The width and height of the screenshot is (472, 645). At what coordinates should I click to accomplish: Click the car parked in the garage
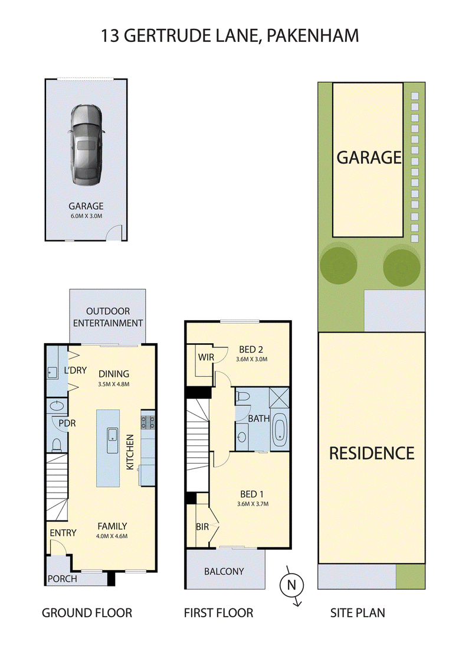(86, 146)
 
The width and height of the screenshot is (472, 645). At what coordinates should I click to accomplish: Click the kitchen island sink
(112, 441)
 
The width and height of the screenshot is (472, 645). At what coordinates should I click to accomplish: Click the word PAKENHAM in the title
(313, 36)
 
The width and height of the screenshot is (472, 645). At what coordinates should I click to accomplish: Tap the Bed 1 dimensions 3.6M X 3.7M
(253, 504)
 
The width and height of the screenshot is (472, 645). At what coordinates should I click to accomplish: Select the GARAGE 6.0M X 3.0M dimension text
(86, 216)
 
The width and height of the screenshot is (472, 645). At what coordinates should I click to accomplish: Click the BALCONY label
(224, 571)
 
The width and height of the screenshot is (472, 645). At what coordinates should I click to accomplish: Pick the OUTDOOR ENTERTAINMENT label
(108, 317)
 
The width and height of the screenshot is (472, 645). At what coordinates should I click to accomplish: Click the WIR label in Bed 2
(206, 357)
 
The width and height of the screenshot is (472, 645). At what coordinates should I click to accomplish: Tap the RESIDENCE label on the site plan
(372, 453)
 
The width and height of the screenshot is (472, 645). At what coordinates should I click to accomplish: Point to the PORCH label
(62, 579)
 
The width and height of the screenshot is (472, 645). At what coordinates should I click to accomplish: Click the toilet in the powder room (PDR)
(57, 445)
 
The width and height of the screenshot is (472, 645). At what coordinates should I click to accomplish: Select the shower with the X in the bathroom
(279, 398)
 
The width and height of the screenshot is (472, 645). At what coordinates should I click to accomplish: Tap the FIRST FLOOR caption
(218, 613)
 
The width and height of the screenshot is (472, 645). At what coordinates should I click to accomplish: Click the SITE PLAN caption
(358, 613)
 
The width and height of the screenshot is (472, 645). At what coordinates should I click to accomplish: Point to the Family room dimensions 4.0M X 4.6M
(112, 536)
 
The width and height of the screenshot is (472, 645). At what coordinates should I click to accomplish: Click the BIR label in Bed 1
(202, 526)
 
